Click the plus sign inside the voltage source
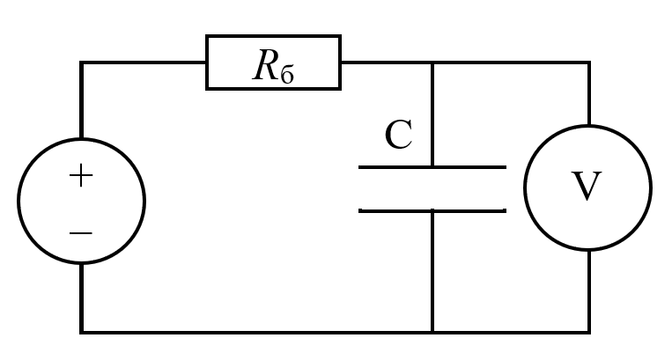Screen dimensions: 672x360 [81, 175]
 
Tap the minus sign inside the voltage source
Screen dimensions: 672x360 [81, 233]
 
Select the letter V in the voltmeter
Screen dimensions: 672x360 [587, 186]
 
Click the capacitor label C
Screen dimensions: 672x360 [399, 135]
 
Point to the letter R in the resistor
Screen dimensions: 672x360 [266, 65]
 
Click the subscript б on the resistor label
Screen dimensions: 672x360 [287, 74]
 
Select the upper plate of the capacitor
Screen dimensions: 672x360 [432, 167]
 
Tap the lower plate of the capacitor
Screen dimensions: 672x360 [432, 210]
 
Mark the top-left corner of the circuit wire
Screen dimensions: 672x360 [81, 62]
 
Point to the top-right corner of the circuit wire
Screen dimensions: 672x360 [589, 62]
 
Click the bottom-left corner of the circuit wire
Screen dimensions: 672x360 [81, 332]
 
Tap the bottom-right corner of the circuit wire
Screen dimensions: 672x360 [589, 332]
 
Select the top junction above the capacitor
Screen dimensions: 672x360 [432, 62]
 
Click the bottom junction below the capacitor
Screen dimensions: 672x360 [432, 332]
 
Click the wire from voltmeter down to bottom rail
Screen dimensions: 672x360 [589, 290]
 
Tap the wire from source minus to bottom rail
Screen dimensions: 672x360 [81, 298]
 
